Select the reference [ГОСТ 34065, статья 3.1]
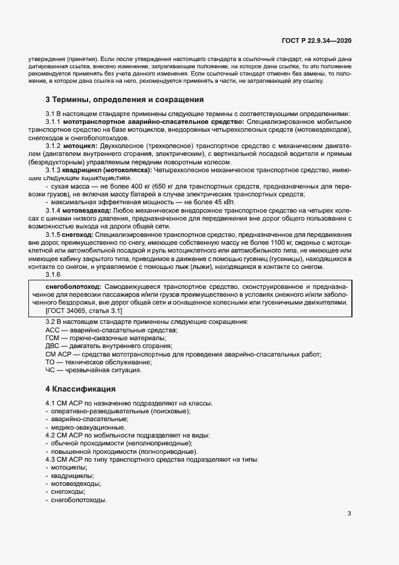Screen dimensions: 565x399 pos(84,310)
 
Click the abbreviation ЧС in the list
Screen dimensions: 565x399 pos(51,370)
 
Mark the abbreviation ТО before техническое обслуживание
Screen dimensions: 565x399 pos(51,362)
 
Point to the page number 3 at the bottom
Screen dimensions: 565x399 pos(349,514)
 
